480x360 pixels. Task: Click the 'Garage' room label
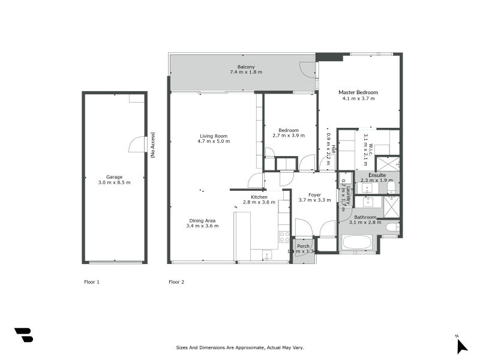point(114,177)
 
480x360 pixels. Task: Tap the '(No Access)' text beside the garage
point(153,145)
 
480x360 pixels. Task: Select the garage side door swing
point(137,145)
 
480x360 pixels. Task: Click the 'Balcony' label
point(245,67)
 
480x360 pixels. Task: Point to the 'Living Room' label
point(214,136)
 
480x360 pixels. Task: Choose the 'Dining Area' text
point(202,221)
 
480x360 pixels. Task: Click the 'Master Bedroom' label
point(358,92)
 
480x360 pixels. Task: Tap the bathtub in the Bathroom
point(357,242)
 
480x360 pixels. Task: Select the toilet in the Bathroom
point(391,227)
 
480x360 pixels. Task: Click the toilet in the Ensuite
point(391,188)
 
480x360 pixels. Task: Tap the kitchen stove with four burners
point(284,236)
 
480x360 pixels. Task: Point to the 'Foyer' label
point(314,195)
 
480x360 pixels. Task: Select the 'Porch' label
point(304,246)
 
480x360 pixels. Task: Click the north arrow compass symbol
point(461,345)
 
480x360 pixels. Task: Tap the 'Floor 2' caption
point(176,281)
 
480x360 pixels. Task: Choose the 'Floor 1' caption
point(91,281)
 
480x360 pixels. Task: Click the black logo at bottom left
point(23,335)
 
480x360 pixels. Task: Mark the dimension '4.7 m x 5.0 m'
point(214,142)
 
